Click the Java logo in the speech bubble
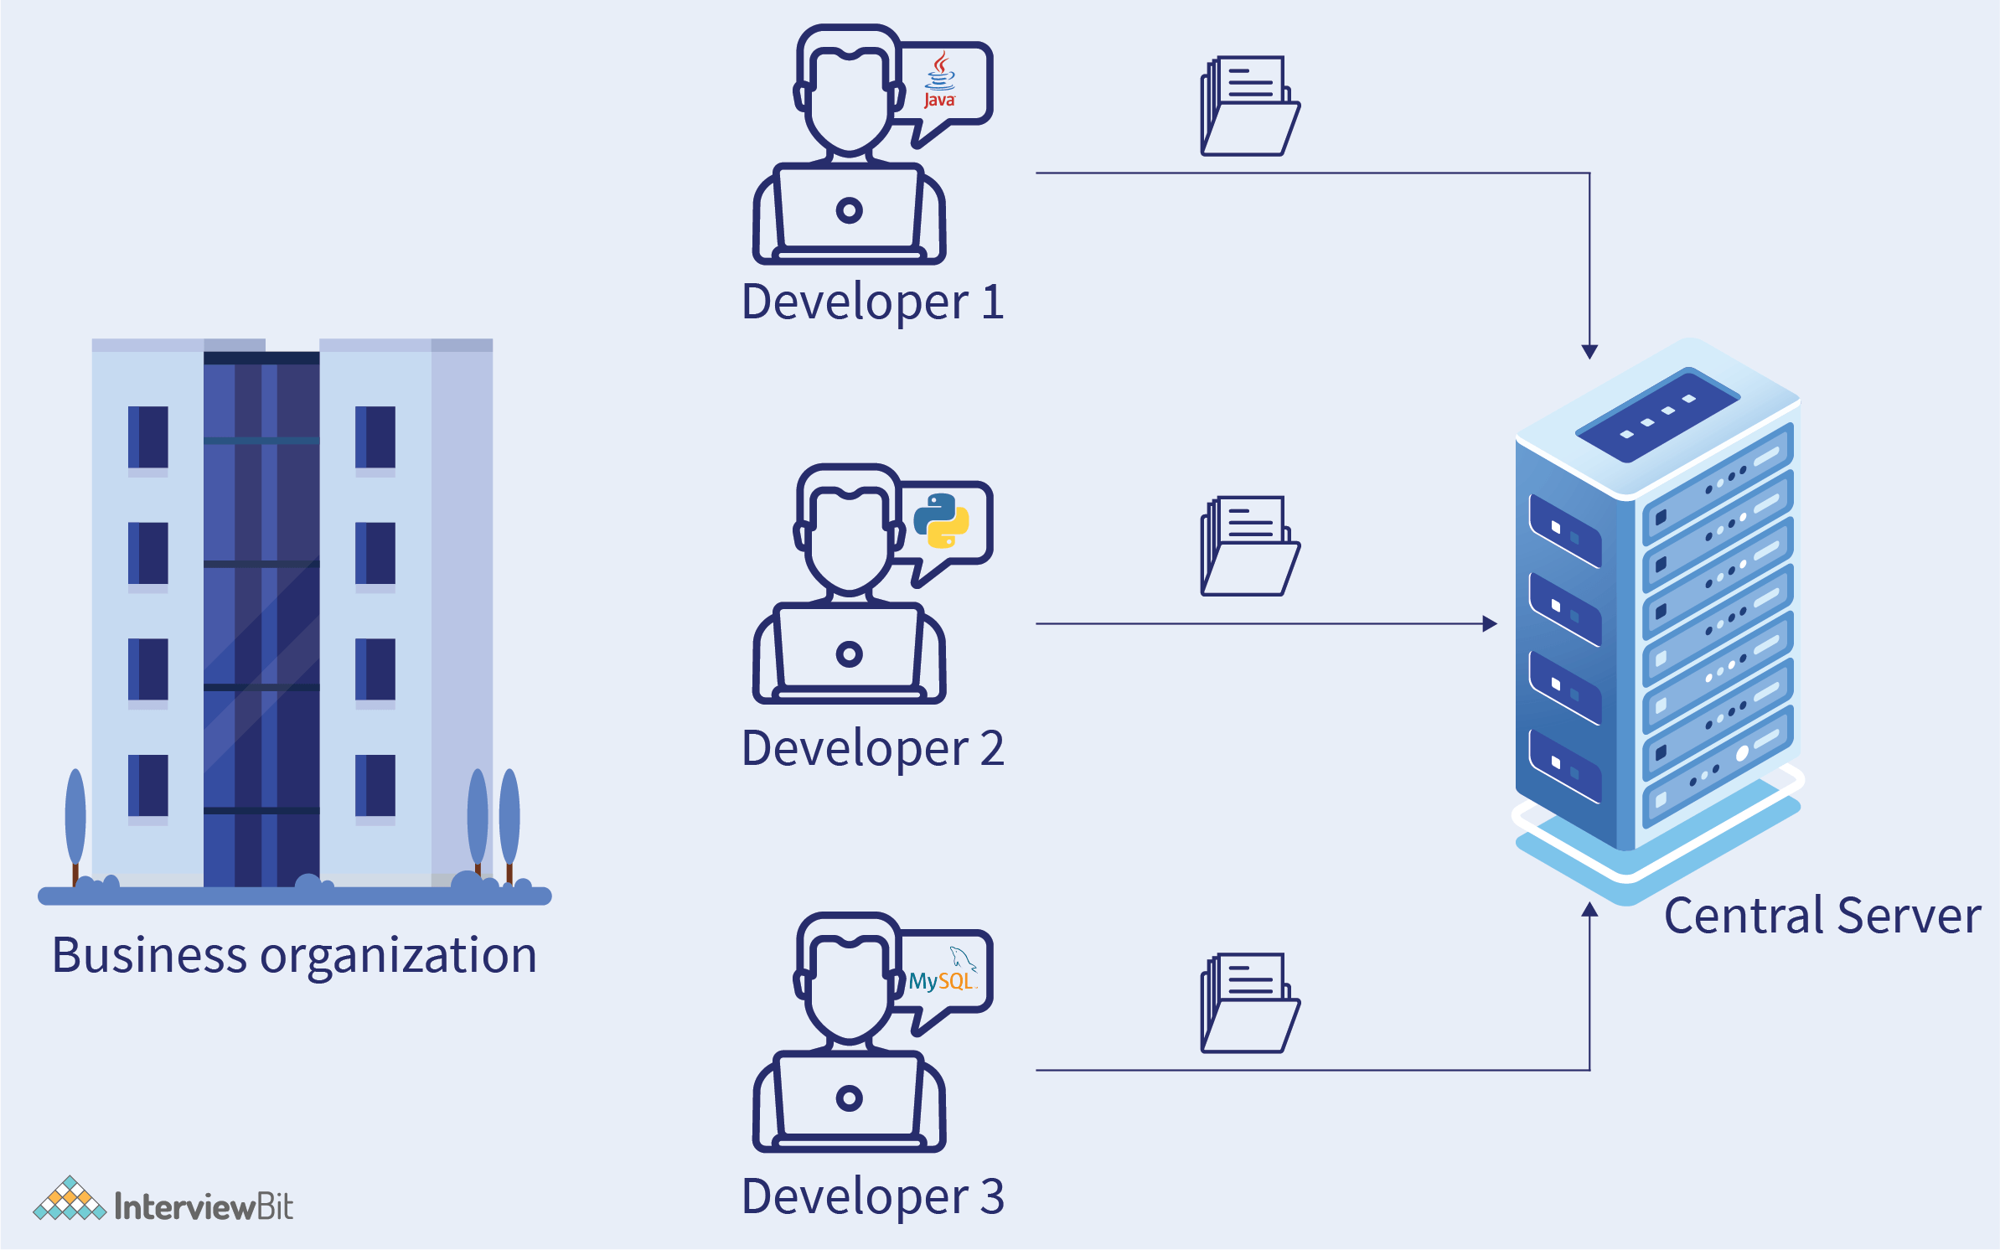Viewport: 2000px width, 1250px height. click(x=939, y=81)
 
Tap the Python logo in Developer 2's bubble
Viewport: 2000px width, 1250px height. click(x=941, y=520)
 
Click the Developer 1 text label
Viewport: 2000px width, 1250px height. click(x=872, y=302)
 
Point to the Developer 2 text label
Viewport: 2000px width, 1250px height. click(x=872, y=748)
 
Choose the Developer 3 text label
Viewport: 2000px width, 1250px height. click(x=872, y=1196)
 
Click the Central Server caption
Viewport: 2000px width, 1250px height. click(x=1822, y=916)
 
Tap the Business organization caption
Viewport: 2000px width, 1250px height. click(x=294, y=956)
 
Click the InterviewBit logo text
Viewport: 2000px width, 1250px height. click(x=204, y=1207)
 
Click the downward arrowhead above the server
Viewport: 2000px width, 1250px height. click(x=1589, y=351)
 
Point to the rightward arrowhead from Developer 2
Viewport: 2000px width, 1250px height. click(x=1490, y=623)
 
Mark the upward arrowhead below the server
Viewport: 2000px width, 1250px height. click(x=1589, y=910)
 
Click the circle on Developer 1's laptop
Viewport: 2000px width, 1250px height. click(x=849, y=210)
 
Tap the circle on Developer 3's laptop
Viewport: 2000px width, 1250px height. click(x=849, y=1098)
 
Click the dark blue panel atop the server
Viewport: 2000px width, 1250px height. click(x=1657, y=414)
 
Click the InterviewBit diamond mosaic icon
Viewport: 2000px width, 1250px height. click(x=69, y=1200)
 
